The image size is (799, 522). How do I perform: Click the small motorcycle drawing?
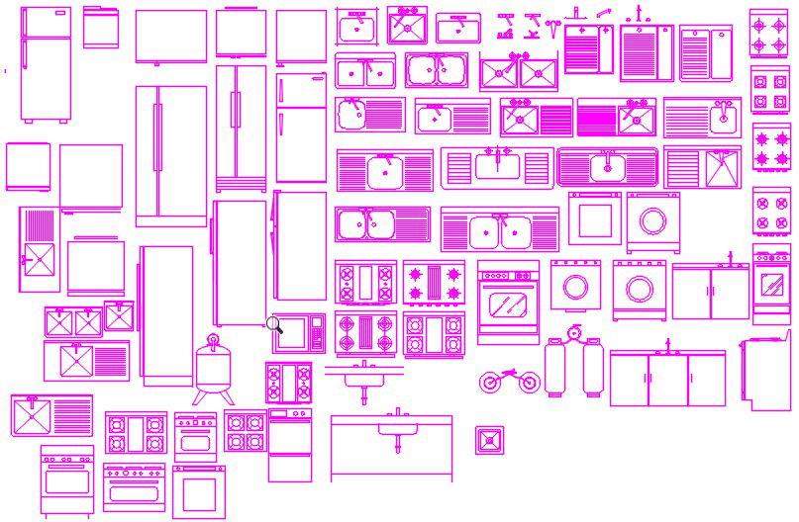510,381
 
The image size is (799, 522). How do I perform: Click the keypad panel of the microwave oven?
317,333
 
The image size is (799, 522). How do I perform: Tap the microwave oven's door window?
296,333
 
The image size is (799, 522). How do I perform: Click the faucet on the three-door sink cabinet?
667,344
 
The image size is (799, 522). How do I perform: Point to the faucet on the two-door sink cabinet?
731,258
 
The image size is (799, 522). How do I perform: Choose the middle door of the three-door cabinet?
667,381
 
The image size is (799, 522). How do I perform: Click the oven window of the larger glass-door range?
508,304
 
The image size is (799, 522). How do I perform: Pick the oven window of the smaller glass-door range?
771,285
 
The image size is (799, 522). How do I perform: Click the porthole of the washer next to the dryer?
653,219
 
